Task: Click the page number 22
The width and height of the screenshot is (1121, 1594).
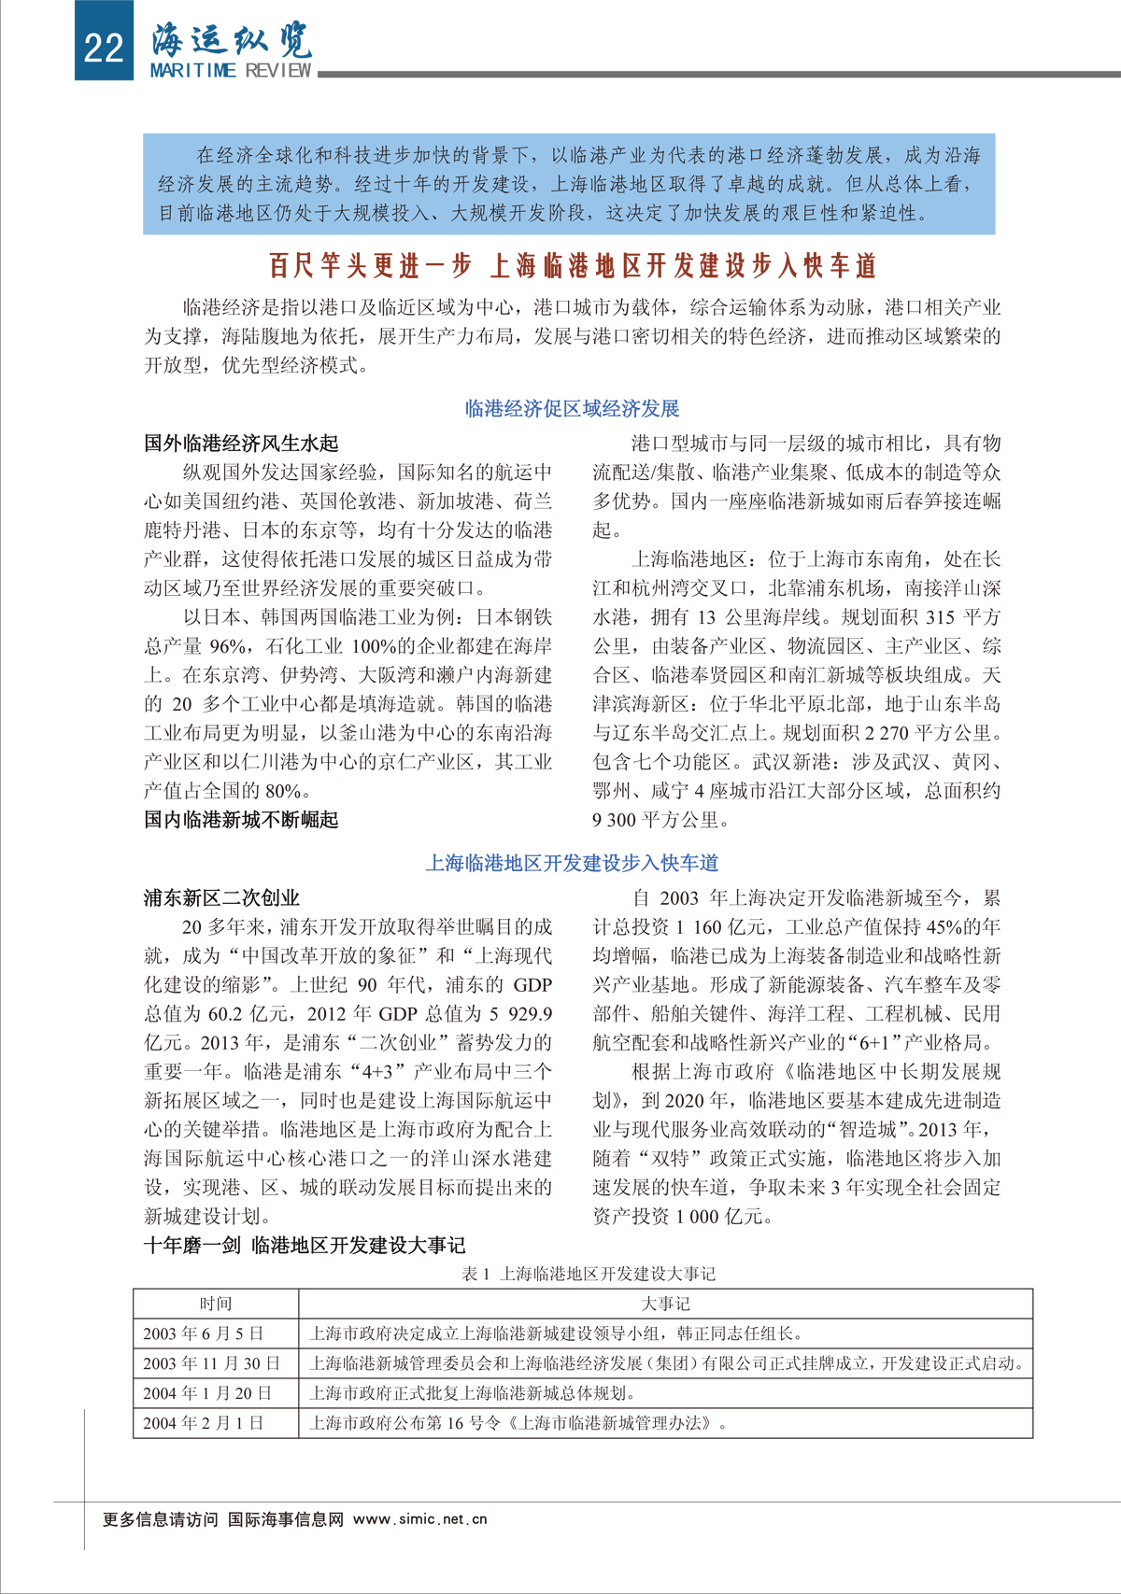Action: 103,46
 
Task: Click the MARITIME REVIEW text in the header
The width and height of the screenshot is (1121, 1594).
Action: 231,71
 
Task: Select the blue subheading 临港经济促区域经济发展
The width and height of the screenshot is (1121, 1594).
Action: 572,408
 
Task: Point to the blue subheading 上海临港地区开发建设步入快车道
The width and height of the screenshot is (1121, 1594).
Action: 572,863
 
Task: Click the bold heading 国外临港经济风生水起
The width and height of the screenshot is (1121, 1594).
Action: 241,443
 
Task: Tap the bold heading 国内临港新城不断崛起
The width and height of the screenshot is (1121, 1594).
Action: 241,820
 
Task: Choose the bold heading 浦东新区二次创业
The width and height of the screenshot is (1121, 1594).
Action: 221,897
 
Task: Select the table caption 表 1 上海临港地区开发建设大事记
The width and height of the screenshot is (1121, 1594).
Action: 589,1273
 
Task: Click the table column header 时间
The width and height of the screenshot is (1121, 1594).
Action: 216,1304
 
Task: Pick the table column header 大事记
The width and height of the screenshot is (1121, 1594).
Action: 665,1304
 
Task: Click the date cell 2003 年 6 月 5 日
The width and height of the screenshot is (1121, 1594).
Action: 203,1333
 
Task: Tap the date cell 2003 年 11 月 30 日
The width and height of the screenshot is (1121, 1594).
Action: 211,1363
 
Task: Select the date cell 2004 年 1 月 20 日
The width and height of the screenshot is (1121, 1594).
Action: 207,1393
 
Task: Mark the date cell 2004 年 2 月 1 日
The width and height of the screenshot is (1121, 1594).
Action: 203,1423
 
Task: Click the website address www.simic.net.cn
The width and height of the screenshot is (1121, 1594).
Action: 420,1519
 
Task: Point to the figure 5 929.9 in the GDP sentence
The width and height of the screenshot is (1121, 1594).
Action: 520,1013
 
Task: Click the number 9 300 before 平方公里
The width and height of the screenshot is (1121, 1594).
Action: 614,820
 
